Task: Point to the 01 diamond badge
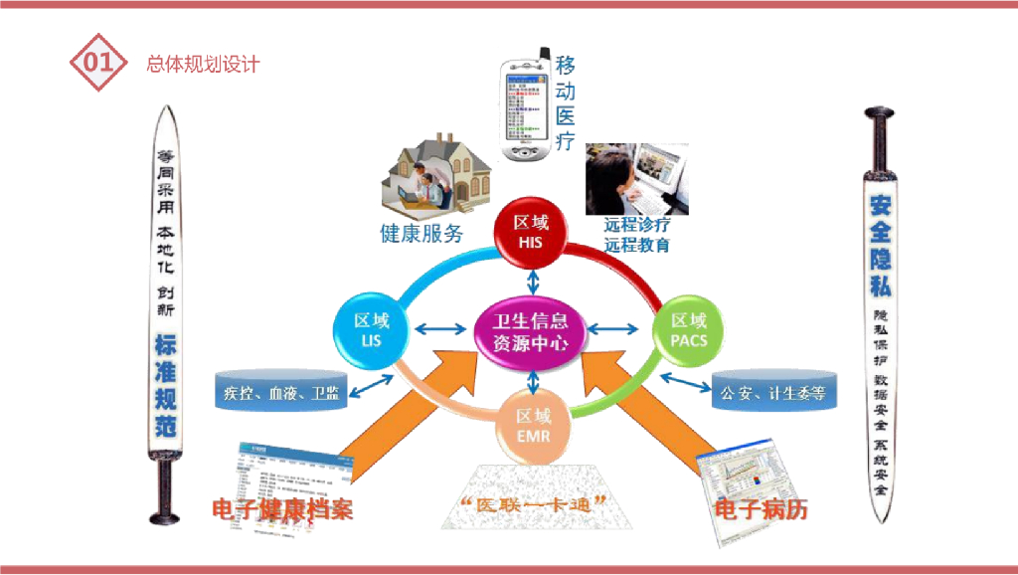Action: (x=97, y=63)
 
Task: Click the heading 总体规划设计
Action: (x=202, y=64)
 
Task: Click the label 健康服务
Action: (x=422, y=235)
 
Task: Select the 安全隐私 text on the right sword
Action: (x=880, y=245)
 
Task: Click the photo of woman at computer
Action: (x=635, y=176)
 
